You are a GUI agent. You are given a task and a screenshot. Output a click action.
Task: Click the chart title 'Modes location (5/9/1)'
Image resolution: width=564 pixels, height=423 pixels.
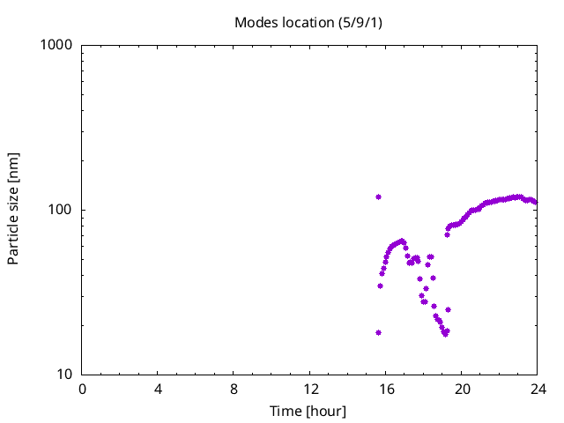click(x=308, y=21)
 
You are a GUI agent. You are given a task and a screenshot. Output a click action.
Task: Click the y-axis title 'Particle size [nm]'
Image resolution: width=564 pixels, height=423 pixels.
click(x=13, y=209)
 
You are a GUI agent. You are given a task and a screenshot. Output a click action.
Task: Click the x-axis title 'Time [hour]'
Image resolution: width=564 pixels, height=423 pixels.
click(x=308, y=412)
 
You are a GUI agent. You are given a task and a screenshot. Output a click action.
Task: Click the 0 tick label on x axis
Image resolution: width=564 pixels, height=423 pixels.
click(x=83, y=390)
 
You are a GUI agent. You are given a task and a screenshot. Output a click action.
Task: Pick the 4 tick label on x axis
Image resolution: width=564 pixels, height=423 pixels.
click(x=159, y=390)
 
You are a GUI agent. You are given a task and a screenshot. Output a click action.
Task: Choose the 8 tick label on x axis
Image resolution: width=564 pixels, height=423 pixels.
click(x=234, y=390)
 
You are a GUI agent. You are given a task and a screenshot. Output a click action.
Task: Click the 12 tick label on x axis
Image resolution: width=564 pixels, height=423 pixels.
click(x=310, y=390)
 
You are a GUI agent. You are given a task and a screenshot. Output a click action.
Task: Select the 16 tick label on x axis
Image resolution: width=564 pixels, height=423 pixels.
click(x=386, y=390)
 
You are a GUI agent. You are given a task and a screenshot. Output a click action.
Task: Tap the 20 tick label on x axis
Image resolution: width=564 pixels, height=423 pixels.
click(x=462, y=390)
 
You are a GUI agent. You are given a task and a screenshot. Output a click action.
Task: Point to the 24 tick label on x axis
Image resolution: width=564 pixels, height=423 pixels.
click(x=538, y=390)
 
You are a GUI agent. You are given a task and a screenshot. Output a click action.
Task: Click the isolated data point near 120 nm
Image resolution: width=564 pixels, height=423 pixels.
click(x=378, y=197)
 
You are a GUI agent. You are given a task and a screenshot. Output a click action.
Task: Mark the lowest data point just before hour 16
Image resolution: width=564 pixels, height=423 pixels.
click(x=378, y=332)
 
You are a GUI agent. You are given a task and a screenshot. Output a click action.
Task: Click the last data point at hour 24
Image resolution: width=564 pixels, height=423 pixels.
click(x=536, y=203)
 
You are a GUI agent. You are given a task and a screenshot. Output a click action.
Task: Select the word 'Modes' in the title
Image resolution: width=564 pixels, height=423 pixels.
click(x=254, y=21)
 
